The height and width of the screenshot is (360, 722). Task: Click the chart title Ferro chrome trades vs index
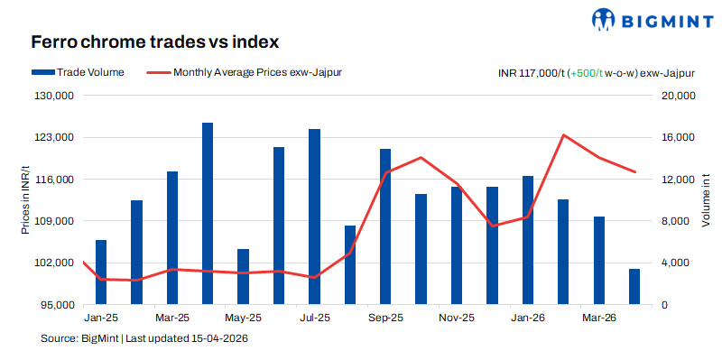pyautogui.click(x=154, y=42)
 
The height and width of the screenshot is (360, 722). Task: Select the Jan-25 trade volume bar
pyautogui.click(x=101, y=272)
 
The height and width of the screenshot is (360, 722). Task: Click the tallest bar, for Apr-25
pyautogui.click(x=208, y=214)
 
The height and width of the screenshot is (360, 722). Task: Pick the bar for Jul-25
pyautogui.click(x=314, y=217)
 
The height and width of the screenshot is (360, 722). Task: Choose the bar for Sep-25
pyautogui.click(x=385, y=226)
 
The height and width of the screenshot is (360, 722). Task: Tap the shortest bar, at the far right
pyautogui.click(x=634, y=287)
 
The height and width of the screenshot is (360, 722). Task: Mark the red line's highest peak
pyautogui.click(x=563, y=135)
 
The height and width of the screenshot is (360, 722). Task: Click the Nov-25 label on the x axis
pyautogui.click(x=457, y=318)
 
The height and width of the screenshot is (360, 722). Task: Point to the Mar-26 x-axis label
pyautogui.click(x=598, y=318)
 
